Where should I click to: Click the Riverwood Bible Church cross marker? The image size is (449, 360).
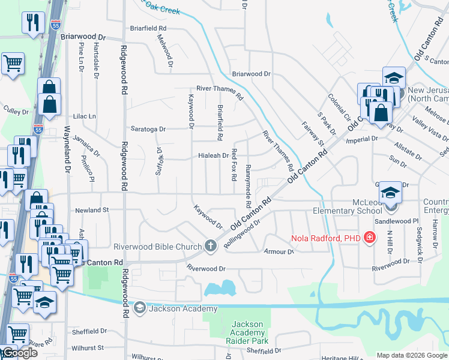point(210,245)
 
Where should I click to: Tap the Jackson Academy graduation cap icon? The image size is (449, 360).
point(140,308)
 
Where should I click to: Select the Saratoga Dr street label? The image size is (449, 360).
point(148,128)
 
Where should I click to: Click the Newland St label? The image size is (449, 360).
point(91,210)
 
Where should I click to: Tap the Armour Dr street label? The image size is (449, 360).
point(279,251)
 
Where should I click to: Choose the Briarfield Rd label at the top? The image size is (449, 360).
point(148,28)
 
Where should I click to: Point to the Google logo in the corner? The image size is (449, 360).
point(19,353)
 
